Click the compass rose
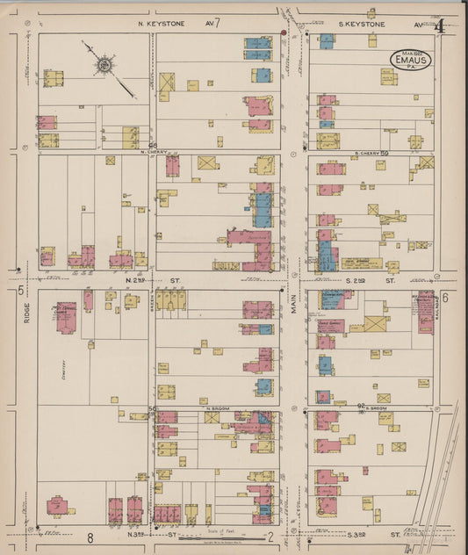104,64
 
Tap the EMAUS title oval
411,60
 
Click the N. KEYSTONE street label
162,24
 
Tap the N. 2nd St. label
139,280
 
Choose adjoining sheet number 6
445,297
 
